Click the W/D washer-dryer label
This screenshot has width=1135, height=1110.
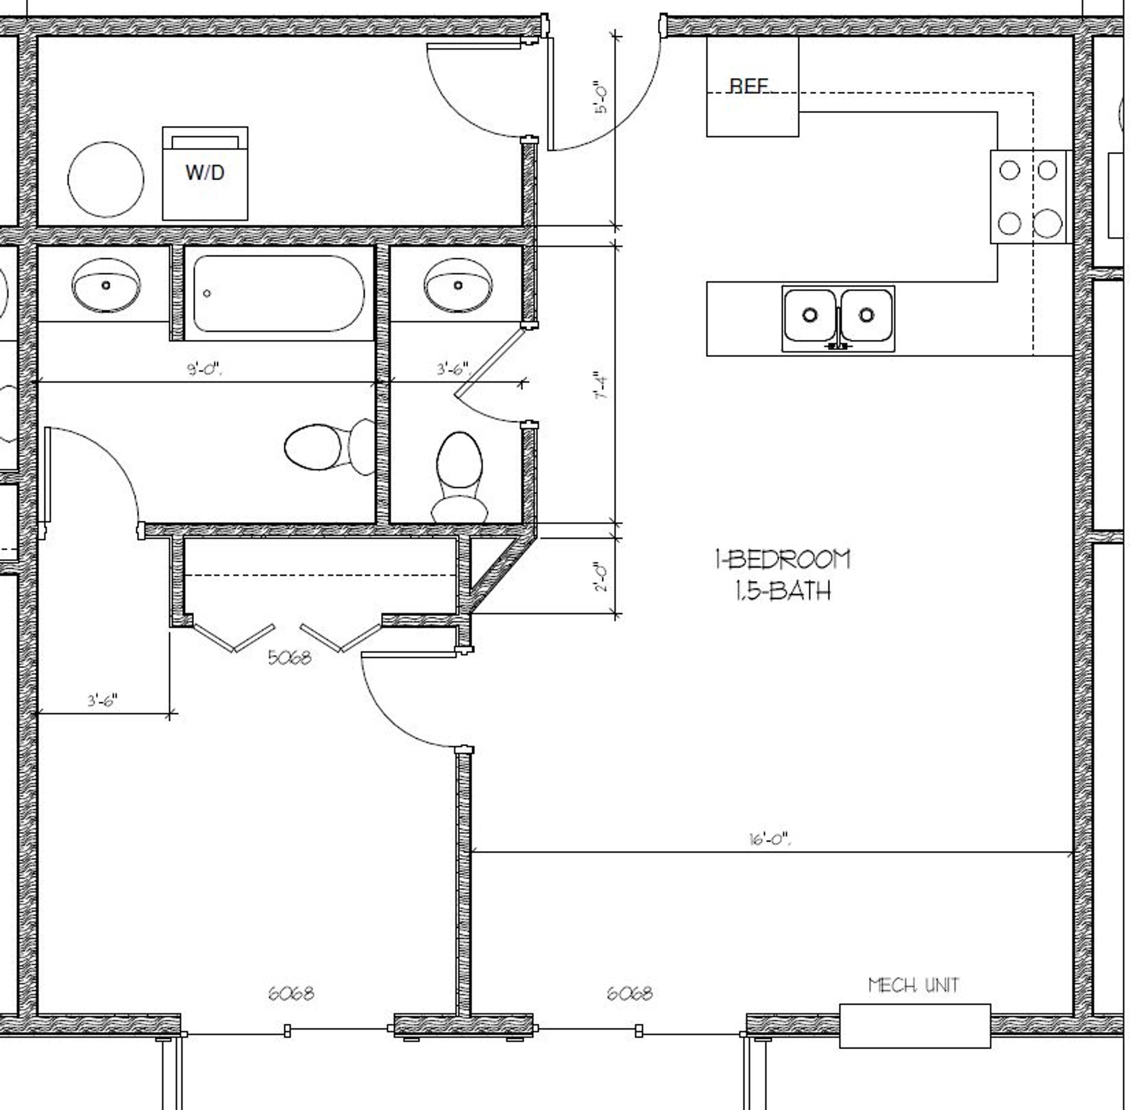coord(205,173)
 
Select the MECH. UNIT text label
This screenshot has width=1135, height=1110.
coord(913,985)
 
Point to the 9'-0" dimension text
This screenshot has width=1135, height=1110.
coord(205,370)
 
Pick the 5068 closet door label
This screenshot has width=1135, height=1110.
coord(289,657)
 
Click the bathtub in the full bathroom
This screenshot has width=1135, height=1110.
coord(278,293)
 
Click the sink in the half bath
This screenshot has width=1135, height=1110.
coord(458,285)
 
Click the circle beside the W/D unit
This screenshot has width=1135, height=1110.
coord(106,179)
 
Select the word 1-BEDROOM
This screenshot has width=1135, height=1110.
coord(783,559)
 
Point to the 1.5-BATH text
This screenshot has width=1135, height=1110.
coord(783,590)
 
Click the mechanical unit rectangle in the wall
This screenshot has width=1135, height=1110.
coord(915,1025)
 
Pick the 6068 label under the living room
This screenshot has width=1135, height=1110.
coord(630,993)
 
